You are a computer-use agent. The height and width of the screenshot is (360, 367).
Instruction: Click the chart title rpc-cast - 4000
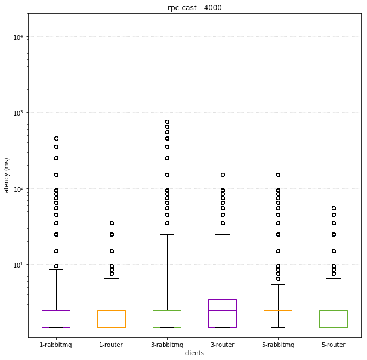(195, 8)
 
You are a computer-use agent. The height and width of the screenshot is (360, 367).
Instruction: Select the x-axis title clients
(195, 353)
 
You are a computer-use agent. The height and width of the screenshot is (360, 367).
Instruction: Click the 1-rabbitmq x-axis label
(56, 345)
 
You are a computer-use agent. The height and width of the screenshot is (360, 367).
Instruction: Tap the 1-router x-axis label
(112, 345)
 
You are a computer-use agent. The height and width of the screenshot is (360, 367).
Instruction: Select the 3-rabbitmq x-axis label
(167, 345)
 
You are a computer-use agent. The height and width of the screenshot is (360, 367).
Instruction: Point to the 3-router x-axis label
(223, 345)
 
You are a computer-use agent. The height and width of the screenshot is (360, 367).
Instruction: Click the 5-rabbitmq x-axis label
(278, 345)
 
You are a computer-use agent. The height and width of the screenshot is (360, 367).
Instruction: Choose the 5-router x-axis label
(334, 345)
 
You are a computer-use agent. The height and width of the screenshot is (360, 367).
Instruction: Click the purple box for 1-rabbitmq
(56, 319)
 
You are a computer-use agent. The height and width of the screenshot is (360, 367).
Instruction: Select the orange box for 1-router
(112, 319)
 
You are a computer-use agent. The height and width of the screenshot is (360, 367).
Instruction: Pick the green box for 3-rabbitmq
(167, 319)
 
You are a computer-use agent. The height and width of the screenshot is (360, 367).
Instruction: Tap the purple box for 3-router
(223, 314)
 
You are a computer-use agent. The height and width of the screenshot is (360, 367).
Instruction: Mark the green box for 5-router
(334, 319)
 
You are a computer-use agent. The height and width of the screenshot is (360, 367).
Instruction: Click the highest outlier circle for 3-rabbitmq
(167, 122)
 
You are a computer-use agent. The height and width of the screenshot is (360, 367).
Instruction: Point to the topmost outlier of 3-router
(223, 175)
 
